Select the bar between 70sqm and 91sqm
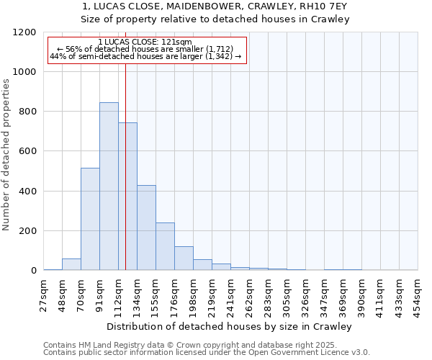click(x=90, y=219)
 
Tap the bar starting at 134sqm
click(x=146, y=228)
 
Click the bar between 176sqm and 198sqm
click(x=184, y=258)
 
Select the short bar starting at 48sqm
click(x=71, y=264)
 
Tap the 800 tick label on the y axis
click(x=27, y=112)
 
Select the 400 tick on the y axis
click(x=27, y=192)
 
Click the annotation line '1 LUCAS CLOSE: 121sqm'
click(x=145, y=42)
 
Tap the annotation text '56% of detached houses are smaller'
click(x=145, y=49)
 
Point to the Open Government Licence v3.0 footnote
click(x=207, y=352)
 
